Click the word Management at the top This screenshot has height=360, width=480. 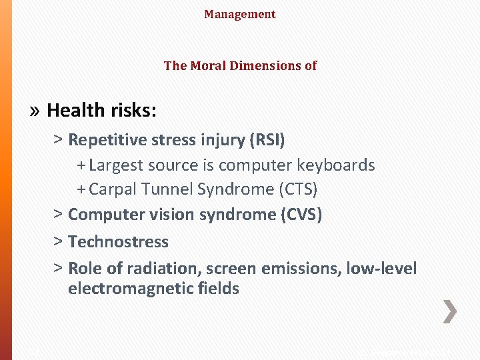pyautogui.click(x=240, y=14)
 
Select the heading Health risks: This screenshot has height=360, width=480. pyautogui.click(x=102, y=110)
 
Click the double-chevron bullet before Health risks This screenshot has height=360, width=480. pyautogui.click(x=35, y=110)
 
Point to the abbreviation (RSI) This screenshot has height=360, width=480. pyautogui.click(x=266, y=140)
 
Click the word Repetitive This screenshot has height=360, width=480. pyautogui.click(x=107, y=140)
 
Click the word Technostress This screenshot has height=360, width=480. pyautogui.click(x=118, y=241)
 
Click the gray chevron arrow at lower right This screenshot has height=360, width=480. pyautogui.click(x=451, y=311)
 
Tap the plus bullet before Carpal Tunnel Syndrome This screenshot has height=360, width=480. pyautogui.click(x=81, y=189)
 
